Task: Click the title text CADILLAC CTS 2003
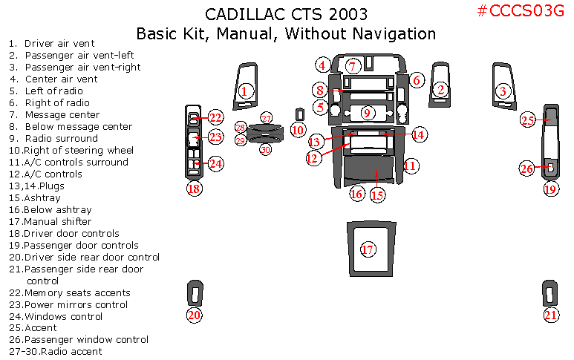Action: (x=286, y=15)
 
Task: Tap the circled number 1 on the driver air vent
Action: (x=246, y=91)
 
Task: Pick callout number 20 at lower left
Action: (x=195, y=315)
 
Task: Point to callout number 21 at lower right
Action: (x=550, y=315)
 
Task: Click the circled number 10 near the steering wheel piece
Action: (x=298, y=129)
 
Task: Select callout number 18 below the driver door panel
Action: (x=195, y=189)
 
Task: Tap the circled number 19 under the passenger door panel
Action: (x=550, y=189)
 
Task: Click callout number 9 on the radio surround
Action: (x=367, y=113)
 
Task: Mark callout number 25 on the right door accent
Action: (x=528, y=120)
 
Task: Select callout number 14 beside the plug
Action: (x=419, y=134)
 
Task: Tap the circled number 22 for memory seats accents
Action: (x=215, y=117)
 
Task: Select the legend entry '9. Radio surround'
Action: (x=53, y=138)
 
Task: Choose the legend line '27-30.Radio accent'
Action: (x=56, y=351)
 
